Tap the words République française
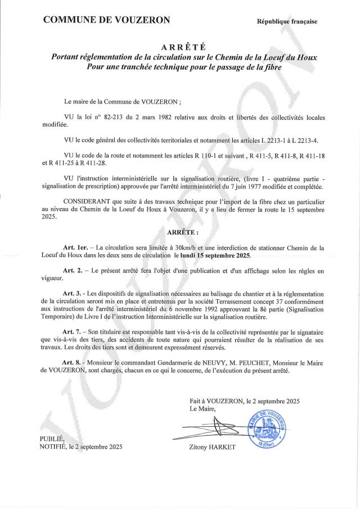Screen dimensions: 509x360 tap(287, 21)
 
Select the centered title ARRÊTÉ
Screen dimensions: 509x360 tap(179, 47)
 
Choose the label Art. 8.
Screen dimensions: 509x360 tap(74, 363)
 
